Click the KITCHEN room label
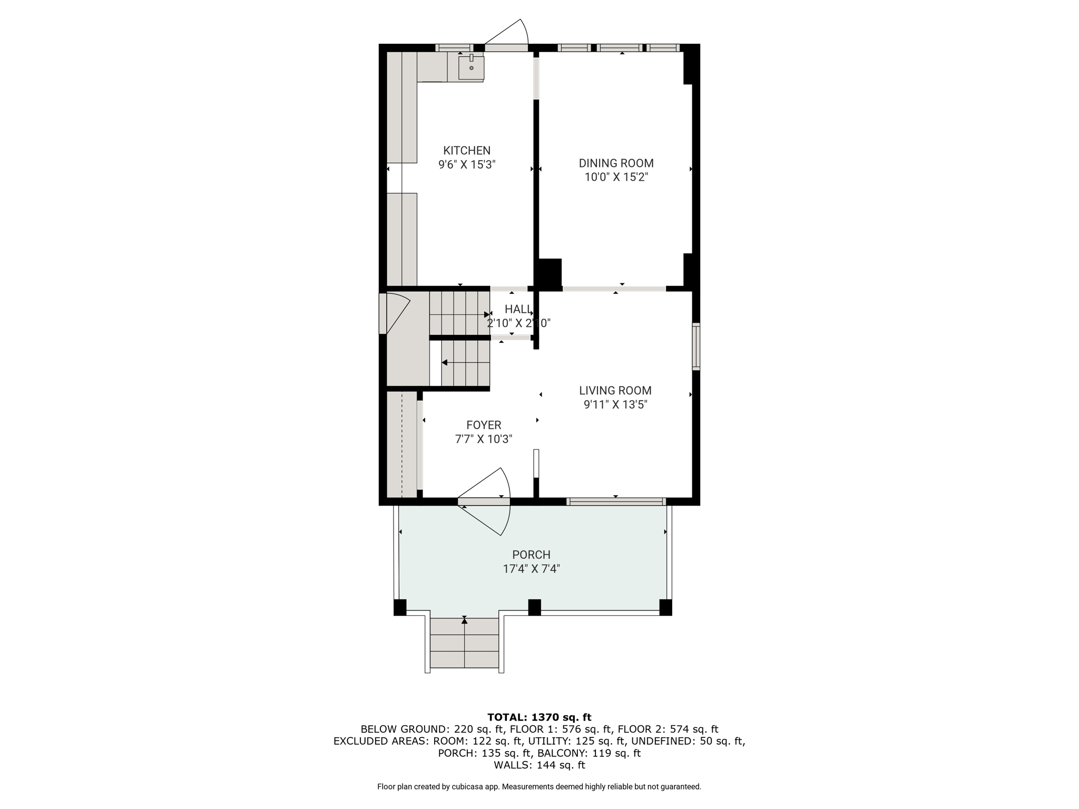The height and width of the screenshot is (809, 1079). (467, 151)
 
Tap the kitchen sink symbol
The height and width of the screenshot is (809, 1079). (471, 67)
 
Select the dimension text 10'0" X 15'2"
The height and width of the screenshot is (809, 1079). (616, 177)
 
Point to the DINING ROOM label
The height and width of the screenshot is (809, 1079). (616, 163)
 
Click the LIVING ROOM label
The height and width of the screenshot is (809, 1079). (615, 391)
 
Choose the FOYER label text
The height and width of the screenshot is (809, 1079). (484, 425)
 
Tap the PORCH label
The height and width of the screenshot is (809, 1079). (531, 555)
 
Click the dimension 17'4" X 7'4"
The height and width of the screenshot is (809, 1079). (531, 569)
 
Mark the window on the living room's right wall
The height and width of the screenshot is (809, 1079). (696, 347)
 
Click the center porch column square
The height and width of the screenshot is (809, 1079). (534, 607)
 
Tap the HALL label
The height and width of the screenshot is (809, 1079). (518, 309)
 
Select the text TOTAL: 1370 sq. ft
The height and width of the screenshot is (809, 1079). (539, 717)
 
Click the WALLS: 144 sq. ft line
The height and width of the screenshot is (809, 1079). (539, 765)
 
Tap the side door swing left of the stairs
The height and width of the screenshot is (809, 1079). (396, 314)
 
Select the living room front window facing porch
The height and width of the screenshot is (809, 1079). (616, 502)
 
